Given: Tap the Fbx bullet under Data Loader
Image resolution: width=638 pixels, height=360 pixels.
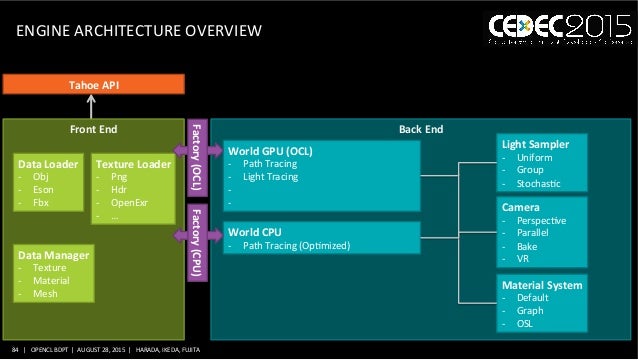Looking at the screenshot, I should tap(40, 202).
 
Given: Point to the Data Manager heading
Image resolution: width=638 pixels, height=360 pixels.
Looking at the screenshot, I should tap(54, 256).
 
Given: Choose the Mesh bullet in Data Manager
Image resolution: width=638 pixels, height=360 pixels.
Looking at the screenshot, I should tap(44, 295).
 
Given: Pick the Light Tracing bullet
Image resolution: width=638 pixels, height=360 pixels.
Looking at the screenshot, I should tap(269, 177).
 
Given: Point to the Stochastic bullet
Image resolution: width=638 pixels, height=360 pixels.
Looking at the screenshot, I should tap(538, 184).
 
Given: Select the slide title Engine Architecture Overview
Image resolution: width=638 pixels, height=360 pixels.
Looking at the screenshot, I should tap(140, 33).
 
